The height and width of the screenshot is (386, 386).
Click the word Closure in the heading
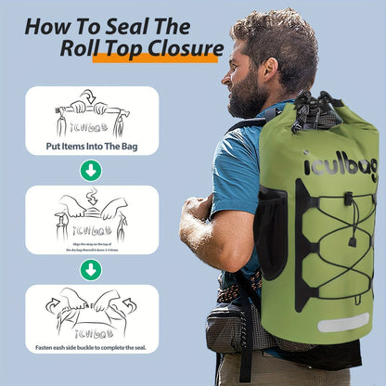(176, 47)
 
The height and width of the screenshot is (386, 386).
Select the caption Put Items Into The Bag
(91, 147)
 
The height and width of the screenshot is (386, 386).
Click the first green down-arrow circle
(91, 170)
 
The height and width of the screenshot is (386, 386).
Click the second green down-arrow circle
(91, 269)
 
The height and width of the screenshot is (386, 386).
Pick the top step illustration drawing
(91, 114)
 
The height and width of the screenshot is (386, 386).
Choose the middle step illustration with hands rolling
(91, 215)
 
